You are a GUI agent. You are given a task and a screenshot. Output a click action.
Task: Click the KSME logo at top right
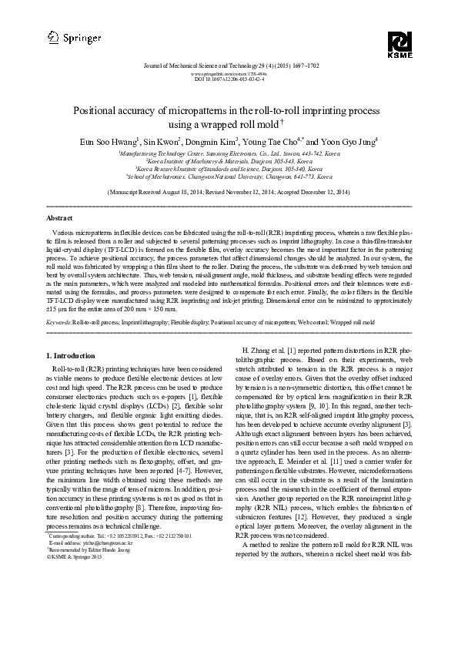[399, 45]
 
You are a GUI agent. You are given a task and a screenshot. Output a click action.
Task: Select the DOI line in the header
[229, 79]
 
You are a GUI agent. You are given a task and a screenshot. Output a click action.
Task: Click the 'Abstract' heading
[61, 219]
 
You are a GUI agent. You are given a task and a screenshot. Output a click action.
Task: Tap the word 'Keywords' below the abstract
[59, 321]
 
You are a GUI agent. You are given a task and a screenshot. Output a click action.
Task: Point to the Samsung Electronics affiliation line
[229, 154]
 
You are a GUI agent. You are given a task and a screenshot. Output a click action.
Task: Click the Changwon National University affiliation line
[229, 176]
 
